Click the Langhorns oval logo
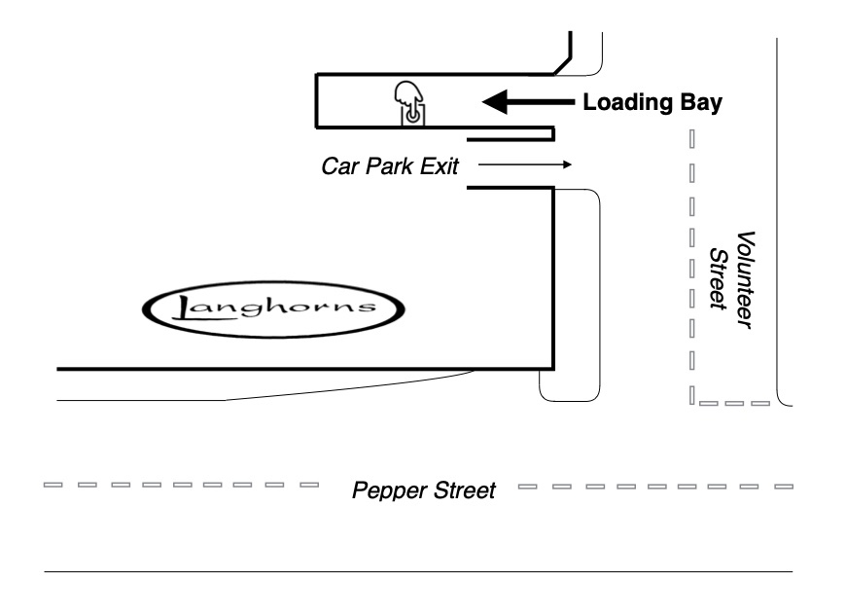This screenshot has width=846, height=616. (273, 310)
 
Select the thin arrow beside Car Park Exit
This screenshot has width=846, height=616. (524, 164)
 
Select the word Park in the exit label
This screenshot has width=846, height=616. (388, 165)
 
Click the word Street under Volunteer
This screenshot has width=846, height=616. (719, 278)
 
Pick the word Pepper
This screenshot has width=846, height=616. (388, 489)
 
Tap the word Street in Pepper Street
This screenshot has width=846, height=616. (463, 489)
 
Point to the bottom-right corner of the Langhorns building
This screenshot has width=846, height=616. (553, 370)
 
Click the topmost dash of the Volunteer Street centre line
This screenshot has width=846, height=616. (691, 138)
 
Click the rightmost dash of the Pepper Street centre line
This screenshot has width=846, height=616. (782, 484)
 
